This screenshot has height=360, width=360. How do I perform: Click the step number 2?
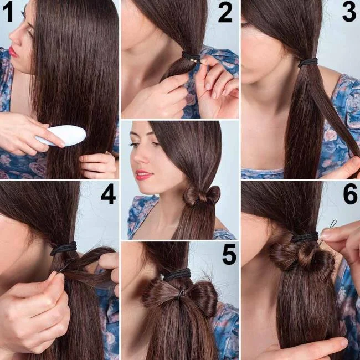tap(225, 13)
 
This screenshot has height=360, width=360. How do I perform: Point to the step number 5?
tap(229, 254)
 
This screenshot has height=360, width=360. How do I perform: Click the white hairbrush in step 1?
tap(61, 135)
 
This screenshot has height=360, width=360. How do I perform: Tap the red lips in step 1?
tap(13, 52)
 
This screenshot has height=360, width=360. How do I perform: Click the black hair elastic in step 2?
tap(191, 57)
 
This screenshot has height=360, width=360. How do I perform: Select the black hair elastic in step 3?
tap(307, 62)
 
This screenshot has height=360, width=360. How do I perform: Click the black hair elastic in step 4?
tap(63, 249)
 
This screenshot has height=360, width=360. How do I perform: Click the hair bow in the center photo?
tap(202, 196)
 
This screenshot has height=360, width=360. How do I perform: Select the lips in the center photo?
tap(143, 175)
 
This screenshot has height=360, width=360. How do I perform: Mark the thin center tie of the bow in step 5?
tap(181, 294)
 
